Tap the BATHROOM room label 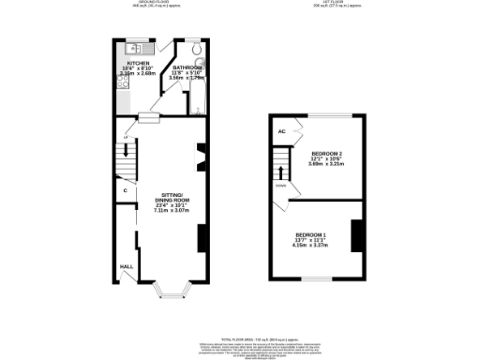(187, 67)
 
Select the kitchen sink (134, 48)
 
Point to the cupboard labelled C (125, 191)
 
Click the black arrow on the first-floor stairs (280, 172)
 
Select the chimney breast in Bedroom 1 (356, 235)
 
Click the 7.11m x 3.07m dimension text (172, 211)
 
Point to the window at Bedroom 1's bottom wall (313, 278)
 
